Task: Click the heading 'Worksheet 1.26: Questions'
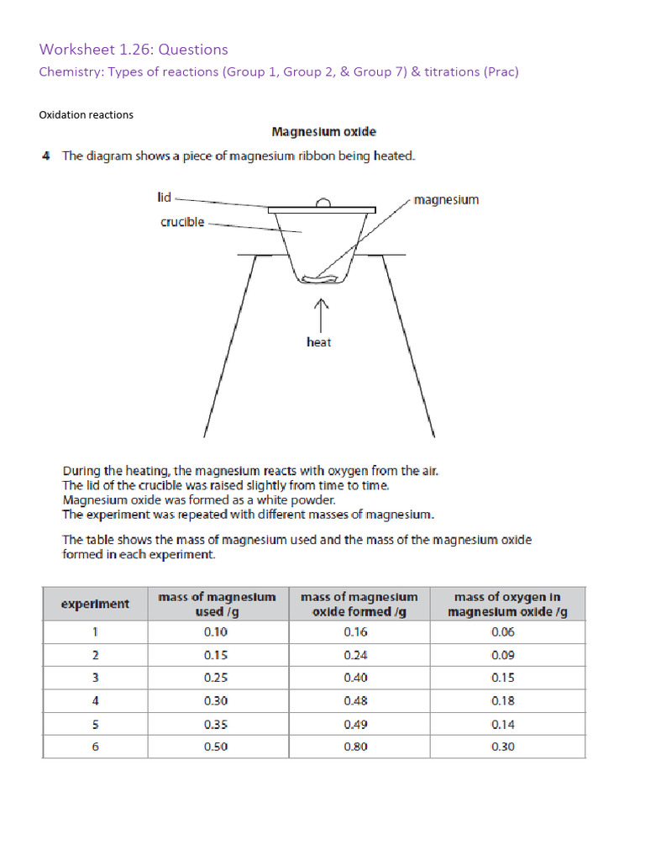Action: pos(134,50)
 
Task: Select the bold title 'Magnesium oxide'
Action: pos(323,132)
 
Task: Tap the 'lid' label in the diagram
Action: pos(164,197)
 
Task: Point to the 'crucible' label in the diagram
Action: pos(182,223)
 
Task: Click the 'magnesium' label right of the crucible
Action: pos(447,200)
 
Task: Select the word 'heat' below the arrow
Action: pos(319,342)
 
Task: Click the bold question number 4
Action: pos(46,156)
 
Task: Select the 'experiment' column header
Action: pos(95,604)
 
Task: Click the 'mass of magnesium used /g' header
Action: pos(216,604)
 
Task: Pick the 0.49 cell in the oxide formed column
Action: pos(356,724)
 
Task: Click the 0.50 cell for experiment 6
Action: pos(216,747)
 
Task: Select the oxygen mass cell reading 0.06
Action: pos(502,632)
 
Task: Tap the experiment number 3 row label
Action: pos(95,678)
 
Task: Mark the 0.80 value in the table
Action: pos(356,747)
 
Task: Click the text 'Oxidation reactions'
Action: pos(87,114)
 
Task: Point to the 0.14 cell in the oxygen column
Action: pos(502,724)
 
